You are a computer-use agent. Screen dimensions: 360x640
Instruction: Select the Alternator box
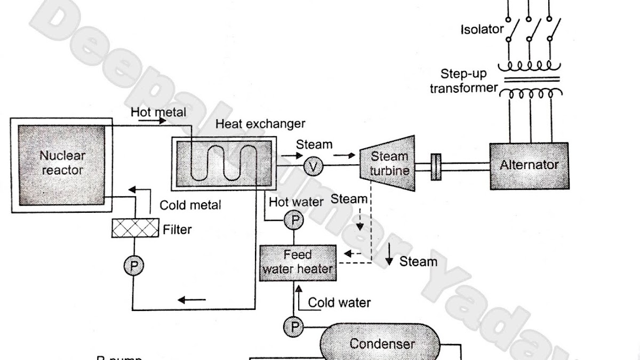(x=529, y=165)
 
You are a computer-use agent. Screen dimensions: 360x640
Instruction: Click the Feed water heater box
(x=298, y=262)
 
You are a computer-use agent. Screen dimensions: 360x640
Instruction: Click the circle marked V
(x=314, y=167)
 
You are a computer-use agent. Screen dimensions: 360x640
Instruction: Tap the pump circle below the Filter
(x=133, y=265)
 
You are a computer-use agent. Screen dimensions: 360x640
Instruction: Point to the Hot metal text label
(x=158, y=113)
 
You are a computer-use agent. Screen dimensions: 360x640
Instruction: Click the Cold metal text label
(x=190, y=205)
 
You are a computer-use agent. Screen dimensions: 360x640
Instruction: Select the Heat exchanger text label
(x=260, y=124)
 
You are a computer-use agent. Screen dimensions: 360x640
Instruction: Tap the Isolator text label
(x=482, y=29)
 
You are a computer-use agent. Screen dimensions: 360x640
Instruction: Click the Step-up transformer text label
(x=463, y=81)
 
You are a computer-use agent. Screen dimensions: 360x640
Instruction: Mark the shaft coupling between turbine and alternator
(x=435, y=164)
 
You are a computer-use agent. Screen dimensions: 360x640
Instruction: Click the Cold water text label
(x=339, y=303)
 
